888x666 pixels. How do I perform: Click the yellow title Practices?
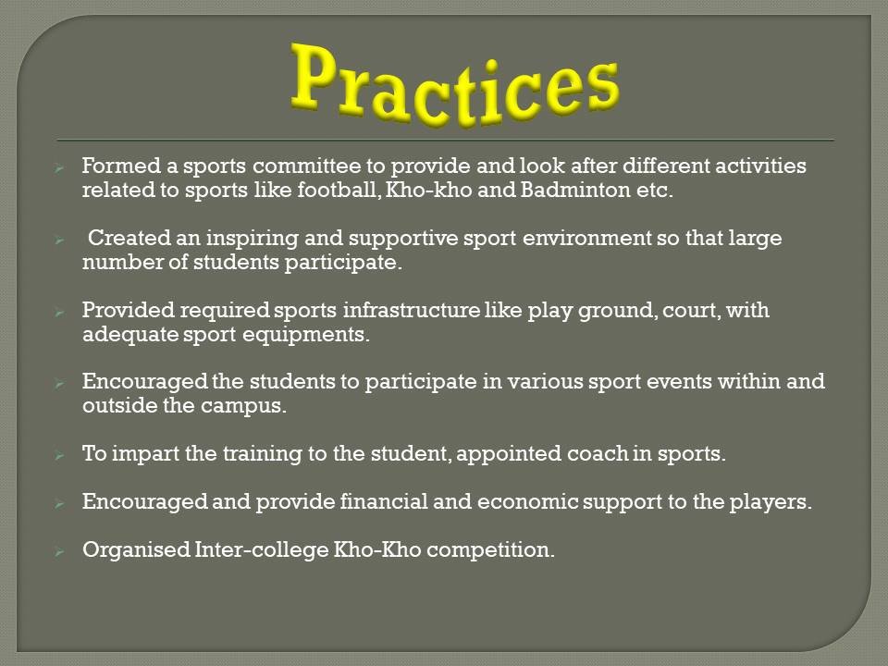point(455,84)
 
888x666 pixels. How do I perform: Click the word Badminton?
point(574,190)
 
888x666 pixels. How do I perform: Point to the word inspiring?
point(252,239)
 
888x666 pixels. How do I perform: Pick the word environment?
point(586,238)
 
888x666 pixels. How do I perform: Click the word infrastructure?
point(411,310)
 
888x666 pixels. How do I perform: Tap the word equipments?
point(305,335)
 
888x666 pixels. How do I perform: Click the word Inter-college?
point(262,550)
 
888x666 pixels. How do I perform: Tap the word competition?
point(490,550)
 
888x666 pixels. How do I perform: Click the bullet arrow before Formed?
point(59,167)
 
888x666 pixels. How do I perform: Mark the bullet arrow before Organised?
point(59,551)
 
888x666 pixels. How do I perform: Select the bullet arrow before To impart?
point(59,455)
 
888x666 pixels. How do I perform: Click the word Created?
point(129,238)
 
